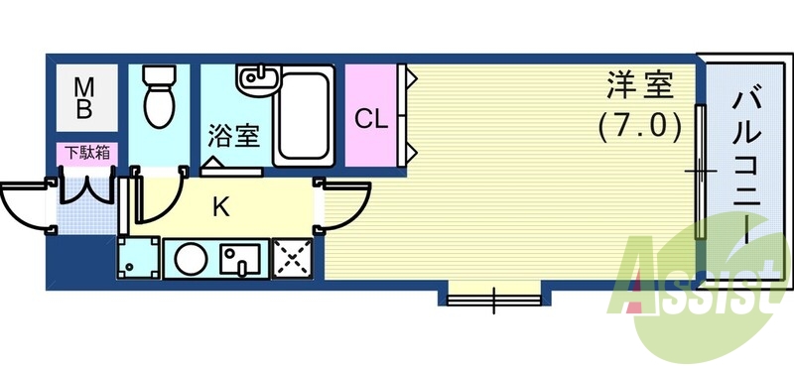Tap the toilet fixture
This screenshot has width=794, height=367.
point(158,97)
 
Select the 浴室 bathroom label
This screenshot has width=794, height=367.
point(233,135)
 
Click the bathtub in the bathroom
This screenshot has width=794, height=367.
point(304,117)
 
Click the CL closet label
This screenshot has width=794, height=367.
point(371,119)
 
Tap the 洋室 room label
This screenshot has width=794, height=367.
point(640,87)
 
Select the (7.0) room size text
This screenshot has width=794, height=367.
point(640,126)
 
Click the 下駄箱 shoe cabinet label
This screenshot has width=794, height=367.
point(86,153)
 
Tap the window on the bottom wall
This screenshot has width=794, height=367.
point(493,294)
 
